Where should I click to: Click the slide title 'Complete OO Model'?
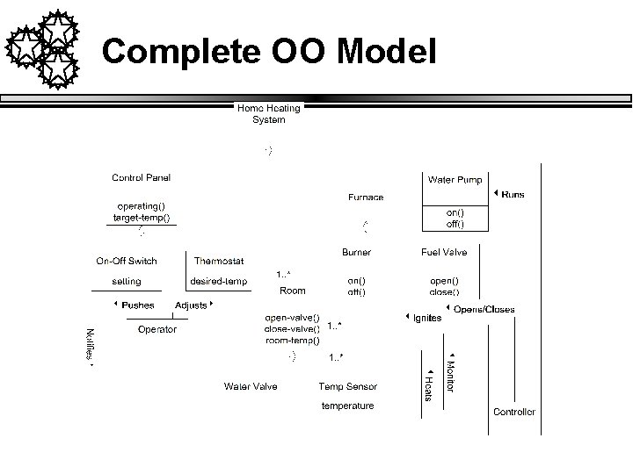[x=268, y=53]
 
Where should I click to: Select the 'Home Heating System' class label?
[x=268, y=113]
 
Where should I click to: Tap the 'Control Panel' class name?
[x=141, y=177]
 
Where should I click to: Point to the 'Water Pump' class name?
[x=455, y=180]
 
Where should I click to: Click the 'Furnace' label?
[x=366, y=197]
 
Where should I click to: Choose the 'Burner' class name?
[x=356, y=252]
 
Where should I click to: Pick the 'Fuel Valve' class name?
[x=444, y=252]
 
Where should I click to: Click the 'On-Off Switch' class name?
[x=127, y=261]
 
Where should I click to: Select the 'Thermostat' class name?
[x=219, y=261]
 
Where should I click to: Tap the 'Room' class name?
[x=292, y=291]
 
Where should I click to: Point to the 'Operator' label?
[x=156, y=329]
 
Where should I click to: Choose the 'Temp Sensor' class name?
[x=348, y=386]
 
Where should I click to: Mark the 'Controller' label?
[x=513, y=412]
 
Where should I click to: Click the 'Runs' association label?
[x=513, y=194]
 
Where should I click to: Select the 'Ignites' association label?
[x=427, y=318]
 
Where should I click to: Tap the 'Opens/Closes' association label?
[x=484, y=309]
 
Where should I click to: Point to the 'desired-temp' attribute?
[x=219, y=281]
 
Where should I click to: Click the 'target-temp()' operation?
[x=142, y=216]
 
